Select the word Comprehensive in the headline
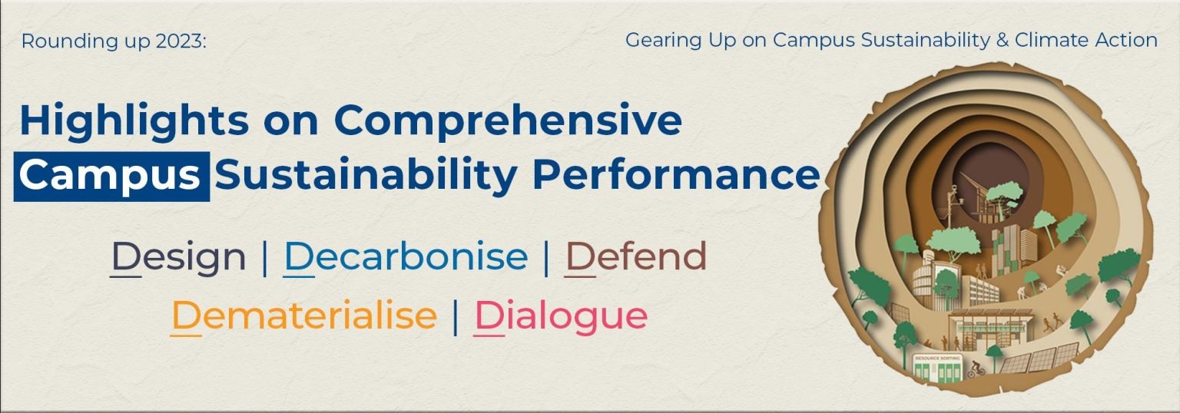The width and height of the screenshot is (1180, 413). [508, 121]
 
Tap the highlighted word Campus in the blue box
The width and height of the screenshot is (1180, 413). [111, 176]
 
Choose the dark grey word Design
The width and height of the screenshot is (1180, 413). [178, 257]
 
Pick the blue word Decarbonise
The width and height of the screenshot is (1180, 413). [406, 257]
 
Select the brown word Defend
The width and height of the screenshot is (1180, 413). [635, 257]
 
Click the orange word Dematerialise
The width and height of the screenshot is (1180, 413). [303, 316]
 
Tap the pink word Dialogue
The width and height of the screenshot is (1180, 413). [560, 316]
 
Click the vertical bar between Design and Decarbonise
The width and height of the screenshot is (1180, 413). [265, 258]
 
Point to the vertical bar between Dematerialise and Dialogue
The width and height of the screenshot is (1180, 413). [456, 316]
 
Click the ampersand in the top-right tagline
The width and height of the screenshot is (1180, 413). [1002, 41]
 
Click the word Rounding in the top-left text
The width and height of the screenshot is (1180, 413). [58, 41]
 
